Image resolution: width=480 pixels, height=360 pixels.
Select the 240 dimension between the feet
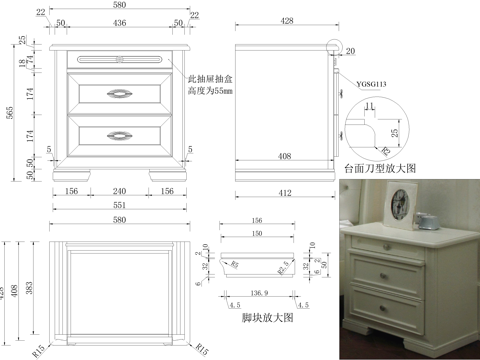119,190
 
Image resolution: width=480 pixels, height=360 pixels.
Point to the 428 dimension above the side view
286,21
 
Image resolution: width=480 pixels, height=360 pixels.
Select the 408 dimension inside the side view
284,156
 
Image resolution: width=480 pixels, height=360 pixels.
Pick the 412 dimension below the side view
285,190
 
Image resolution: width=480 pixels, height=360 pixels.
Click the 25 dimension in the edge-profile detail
395,131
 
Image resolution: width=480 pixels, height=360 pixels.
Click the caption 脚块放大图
268,317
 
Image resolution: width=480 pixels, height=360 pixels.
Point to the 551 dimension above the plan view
119,205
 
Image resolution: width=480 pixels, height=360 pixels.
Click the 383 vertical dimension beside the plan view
31,287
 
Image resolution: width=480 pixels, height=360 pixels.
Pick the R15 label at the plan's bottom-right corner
202,349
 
